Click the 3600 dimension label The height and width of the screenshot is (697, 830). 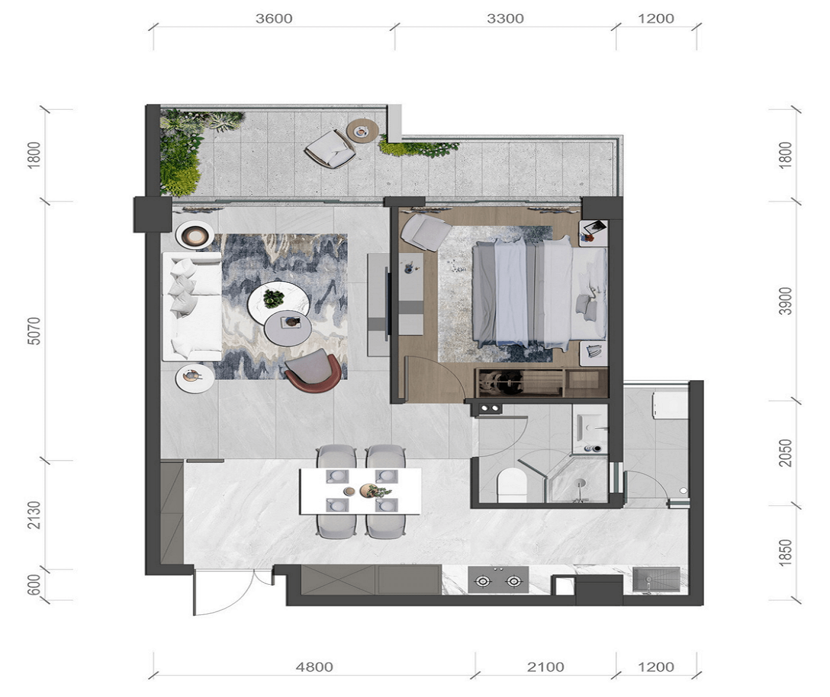point(274,18)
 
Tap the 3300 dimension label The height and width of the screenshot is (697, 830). point(505,18)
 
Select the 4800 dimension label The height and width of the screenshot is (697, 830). point(314,667)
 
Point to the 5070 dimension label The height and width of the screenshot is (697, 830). point(34,331)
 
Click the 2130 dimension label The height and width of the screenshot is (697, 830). point(34,515)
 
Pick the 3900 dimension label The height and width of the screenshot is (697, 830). point(785,301)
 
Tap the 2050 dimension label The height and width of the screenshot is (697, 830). point(785,453)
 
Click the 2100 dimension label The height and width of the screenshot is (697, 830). point(545,667)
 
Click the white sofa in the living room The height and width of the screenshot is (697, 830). point(192,307)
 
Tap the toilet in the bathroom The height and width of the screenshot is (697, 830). point(512,485)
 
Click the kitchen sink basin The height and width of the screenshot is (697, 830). point(657,579)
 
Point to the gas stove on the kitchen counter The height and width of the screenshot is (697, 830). point(498,580)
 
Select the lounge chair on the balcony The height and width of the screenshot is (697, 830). point(330,149)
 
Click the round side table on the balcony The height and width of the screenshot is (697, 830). point(362,130)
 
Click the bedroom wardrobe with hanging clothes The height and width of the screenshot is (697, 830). point(542,383)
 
